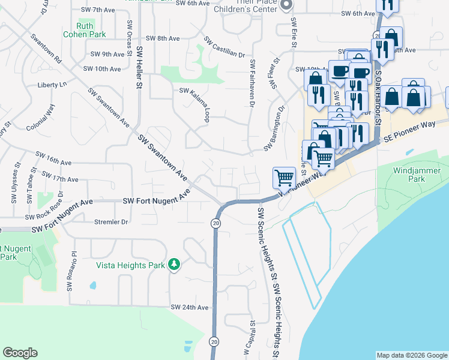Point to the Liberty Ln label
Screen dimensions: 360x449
(x=52, y=85)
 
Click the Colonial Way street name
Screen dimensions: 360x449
(x=41, y=118)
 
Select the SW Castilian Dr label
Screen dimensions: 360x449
(x=225, y=47)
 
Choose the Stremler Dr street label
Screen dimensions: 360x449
(x=111, y=222)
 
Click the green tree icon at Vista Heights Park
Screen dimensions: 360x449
(x=174, y=264)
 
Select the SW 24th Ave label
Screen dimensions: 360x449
(x=190, y=307)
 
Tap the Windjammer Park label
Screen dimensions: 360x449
(x=412, y=174)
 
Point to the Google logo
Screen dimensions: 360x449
(x=20, y=353)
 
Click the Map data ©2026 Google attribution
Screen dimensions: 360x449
(x=411, y=355)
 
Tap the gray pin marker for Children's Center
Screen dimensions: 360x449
(x=286, y=5)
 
